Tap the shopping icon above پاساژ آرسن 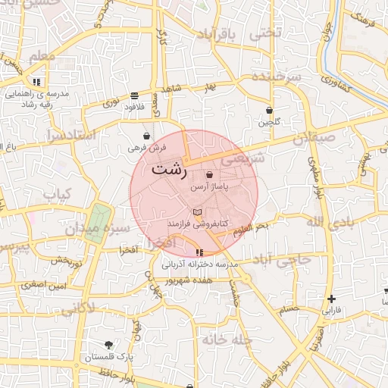(x=209, y=175)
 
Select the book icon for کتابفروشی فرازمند (x=199, y=213)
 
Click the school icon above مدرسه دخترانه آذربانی (x=199, y=252)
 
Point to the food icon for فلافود (x=134, y=95)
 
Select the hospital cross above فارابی (x=332, y=299)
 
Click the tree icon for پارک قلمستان (x=108, y=345)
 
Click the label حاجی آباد (x=284, y=261)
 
